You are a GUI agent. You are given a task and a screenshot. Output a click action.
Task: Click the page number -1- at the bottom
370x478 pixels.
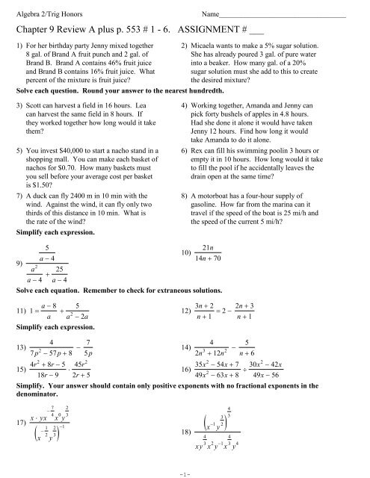point(184,471)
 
